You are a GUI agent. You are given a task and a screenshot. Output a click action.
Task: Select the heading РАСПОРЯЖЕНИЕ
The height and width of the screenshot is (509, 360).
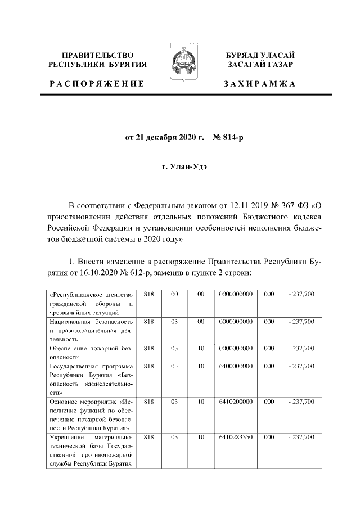97,84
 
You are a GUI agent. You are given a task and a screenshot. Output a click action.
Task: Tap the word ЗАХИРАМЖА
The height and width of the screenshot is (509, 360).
259,84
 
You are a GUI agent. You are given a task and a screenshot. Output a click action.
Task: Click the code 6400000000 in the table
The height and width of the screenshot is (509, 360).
236,367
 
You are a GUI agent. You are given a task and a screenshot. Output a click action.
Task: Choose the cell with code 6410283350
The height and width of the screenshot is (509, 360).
236,438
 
